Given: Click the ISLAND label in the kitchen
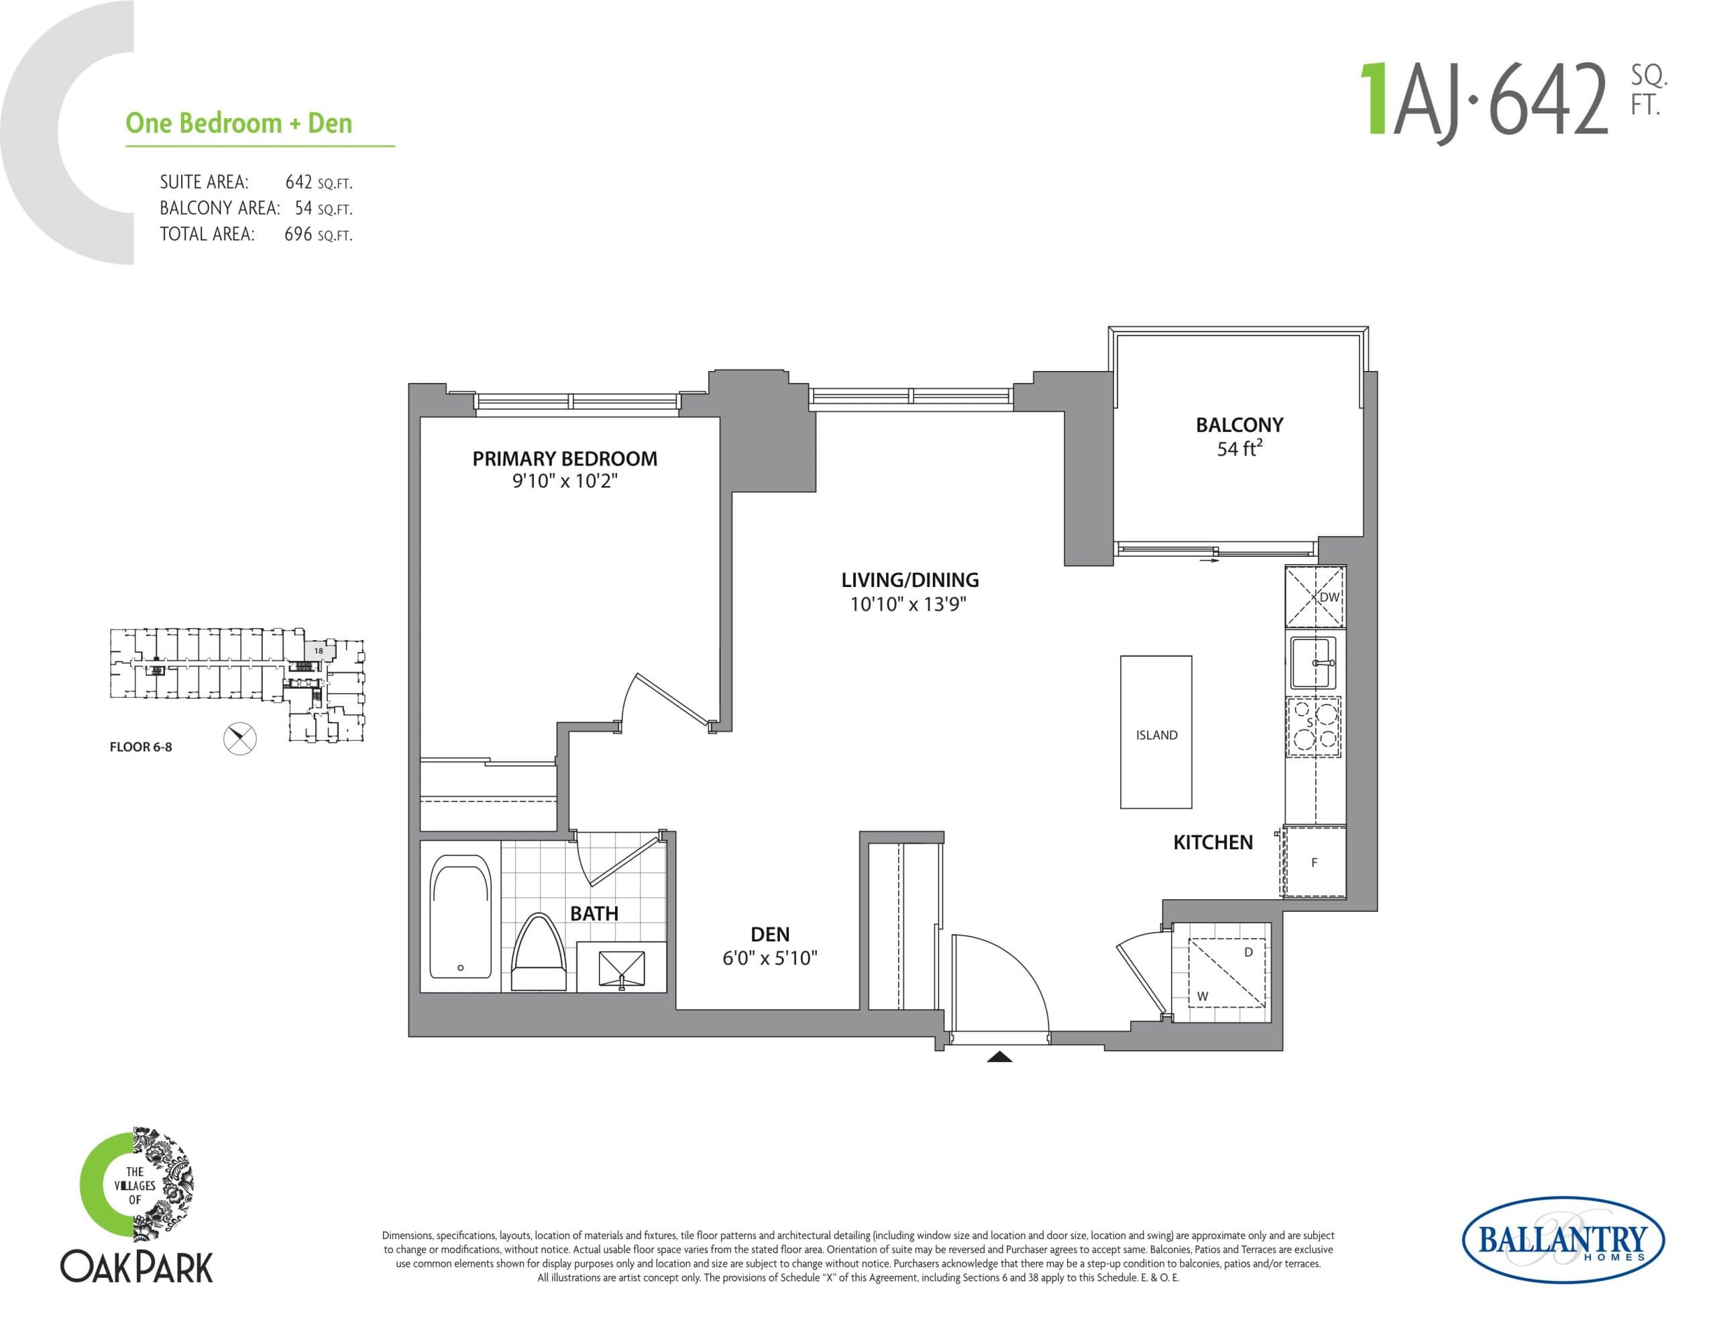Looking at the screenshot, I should (x=1156, y=735).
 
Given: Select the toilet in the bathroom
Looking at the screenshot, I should (x=539, y=954).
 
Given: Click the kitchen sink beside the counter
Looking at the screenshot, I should (x=1313, y=663).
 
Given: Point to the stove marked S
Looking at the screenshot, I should (x=1314, y=727).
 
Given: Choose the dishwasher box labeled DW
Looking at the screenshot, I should (x=1315, y=597).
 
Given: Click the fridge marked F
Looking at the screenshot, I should (x=1315, y=862).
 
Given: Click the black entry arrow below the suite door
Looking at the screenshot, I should (x=999, y=1057).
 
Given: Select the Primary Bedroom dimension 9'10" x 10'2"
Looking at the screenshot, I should (x=565, y=480).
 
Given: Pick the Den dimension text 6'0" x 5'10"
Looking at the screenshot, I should (x=770, y=958).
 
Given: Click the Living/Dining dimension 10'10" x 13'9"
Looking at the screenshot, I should (x=908, y=604).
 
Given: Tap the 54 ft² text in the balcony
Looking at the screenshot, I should (x=1239, y=449).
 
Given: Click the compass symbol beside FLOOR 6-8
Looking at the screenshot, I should (x=240, y=738).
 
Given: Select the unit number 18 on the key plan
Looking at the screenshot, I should (x=319, y=651).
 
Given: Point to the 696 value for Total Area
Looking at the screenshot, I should (x=298, y=234).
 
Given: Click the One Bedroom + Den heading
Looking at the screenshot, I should (x=239, y=123).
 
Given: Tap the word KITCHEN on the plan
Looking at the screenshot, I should (x=1212, y=843).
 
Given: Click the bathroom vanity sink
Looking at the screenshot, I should (x=621, y=967).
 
